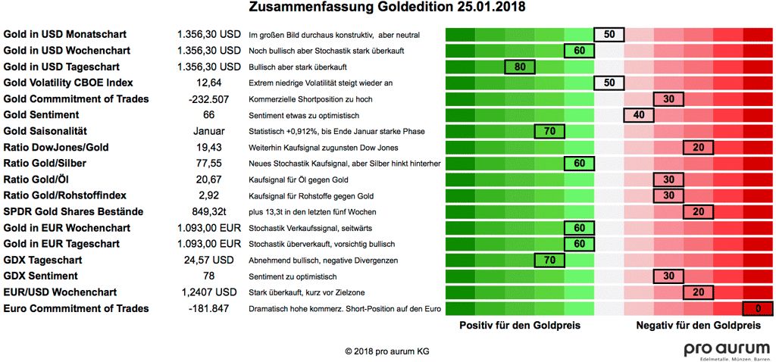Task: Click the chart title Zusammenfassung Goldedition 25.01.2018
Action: click(387, 9)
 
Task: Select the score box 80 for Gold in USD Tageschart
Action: click(519, 67)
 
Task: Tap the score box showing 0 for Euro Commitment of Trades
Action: click(757, 308)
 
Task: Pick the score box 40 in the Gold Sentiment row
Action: click(638, 115)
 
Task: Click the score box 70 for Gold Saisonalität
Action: click(549, 131)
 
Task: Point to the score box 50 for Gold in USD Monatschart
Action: click(609, 35)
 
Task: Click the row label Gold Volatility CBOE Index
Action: click(69, 83)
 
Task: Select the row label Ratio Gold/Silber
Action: click(51, 163)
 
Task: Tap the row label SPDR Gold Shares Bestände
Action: click(74, 211)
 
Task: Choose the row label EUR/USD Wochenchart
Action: click(61, 292)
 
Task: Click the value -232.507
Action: click(208, 99)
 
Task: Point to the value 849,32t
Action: click(208, 211)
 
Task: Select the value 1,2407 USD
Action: click(208, 292)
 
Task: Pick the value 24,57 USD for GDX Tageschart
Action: click(208, 260)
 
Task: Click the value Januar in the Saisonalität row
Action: click(208, 131)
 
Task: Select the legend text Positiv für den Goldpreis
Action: click(520, 325)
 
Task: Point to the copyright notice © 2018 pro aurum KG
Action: click(386, 351)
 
